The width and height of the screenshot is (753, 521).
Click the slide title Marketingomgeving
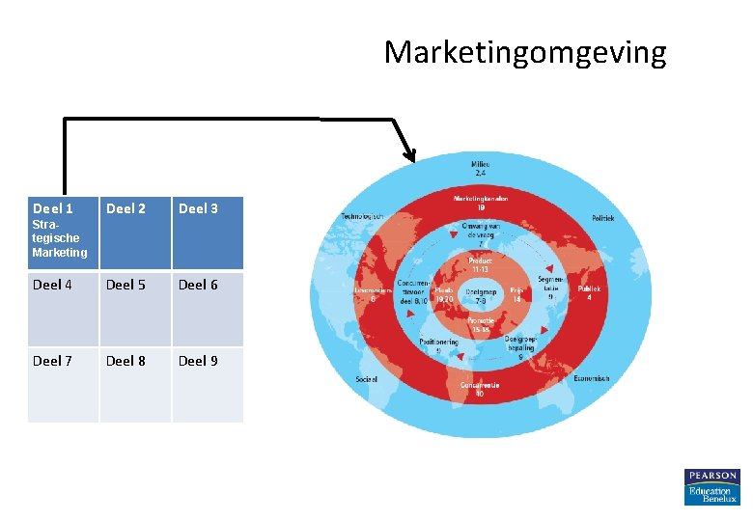click(524, 52)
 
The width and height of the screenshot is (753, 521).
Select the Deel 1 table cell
click(63, 233)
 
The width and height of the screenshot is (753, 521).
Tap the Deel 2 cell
click(135, 233)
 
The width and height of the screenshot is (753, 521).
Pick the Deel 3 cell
click(208, 233)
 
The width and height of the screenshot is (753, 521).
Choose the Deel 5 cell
click(135, 308)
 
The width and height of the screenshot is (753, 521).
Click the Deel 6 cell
click(208, 308)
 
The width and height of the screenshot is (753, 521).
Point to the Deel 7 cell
click(63, 383)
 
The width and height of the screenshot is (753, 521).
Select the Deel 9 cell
click(208, 383)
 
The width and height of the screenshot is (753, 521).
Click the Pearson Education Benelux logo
click(711, 487)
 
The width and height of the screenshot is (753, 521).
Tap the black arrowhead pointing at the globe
click(409, 153)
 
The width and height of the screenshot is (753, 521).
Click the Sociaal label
click(367, 379)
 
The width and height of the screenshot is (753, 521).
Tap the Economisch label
click(592, 378)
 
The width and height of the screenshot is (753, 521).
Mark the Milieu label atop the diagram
click(481, 167)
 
